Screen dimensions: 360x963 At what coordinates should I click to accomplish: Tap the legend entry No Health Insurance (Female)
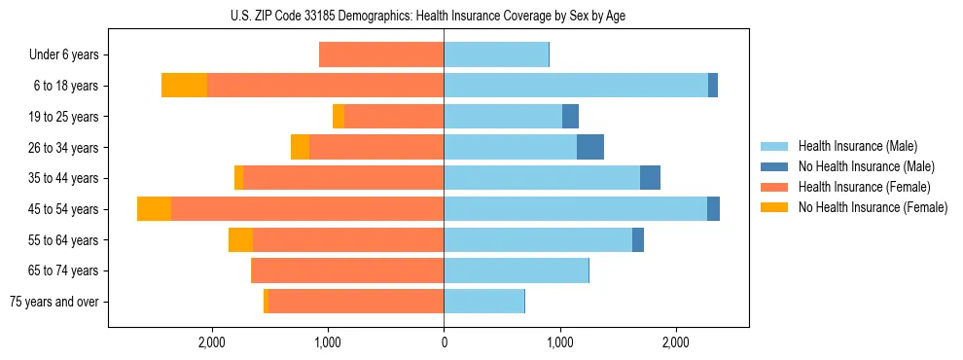click(x=873, y=207)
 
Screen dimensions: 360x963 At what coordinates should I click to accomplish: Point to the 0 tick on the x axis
click(x=444, y=342)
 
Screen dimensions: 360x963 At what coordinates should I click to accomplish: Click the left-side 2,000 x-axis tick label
click(x=212, y=342)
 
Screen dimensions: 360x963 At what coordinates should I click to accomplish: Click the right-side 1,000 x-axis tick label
click(x=560, y=342)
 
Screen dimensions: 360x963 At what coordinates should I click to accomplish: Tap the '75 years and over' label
click(x=54, y=302)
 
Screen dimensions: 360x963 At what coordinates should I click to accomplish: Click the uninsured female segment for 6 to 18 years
click(x=184, y=86)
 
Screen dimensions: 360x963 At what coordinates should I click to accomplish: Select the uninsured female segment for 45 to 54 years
click(x=154, y=209)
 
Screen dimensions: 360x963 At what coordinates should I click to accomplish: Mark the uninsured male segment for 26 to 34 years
click(x=590, y=147)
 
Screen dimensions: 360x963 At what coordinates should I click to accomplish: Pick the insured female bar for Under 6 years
click(x=381, y=54)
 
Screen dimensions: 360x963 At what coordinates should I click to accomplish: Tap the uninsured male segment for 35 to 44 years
click(x=650, y=178)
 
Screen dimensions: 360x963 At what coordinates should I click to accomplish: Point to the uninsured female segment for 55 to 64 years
click(x=240, y=240)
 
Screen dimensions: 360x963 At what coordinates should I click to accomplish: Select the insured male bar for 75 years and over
click(x=483, y=302)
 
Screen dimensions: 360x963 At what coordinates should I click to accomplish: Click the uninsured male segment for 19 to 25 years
click(x=570, y=117)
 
